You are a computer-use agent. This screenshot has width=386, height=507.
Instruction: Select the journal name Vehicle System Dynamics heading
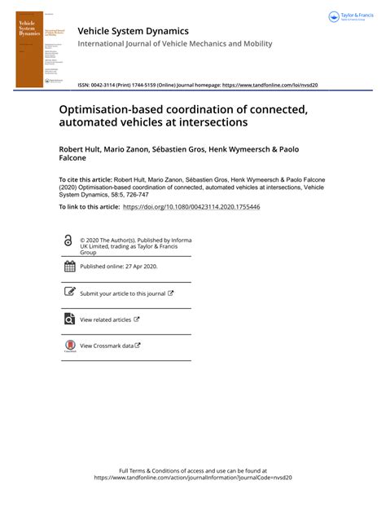tap(133, 31)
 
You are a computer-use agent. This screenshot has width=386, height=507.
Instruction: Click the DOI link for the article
tap(191, 208)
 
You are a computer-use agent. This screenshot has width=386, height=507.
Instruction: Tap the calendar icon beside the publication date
tap(69, 266)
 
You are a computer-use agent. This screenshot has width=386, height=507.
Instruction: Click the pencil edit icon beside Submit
tap(69, 292)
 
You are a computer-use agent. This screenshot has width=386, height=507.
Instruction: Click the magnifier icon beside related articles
tap(69, 319)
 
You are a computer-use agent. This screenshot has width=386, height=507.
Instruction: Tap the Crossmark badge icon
tap(69, 346)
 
